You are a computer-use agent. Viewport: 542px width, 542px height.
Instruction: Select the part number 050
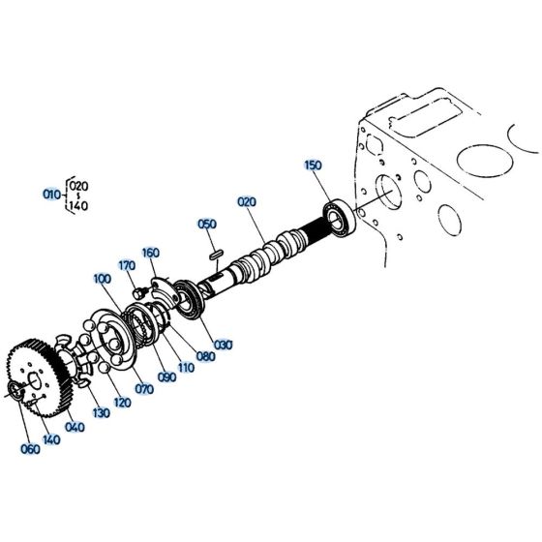(x=206, y=225)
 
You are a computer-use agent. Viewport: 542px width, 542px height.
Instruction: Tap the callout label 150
(x=313, y=166)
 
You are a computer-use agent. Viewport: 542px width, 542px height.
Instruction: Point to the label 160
(x=150, y=254)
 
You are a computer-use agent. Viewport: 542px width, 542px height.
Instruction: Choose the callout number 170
(x=126, y=265)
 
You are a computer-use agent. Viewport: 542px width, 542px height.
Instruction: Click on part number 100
(x=103, y=279)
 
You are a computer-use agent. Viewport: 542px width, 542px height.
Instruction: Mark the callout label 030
(x=225, y=345)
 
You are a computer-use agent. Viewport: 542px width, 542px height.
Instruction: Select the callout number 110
(x=186, y=366)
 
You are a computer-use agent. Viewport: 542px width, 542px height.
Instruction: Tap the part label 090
(x=166, y=377)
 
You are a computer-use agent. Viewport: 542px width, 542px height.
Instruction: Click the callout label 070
(x=144, y=389)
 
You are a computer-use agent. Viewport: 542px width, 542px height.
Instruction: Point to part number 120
(x=122, y=402)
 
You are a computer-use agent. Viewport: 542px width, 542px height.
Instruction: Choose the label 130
(x=100, y=414)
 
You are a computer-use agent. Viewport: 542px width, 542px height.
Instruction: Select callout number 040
(x=75, y=427)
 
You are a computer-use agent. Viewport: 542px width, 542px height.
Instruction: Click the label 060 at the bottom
(x=31, y=449)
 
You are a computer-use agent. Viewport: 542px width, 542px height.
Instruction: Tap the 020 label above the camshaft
(x=246, y=201)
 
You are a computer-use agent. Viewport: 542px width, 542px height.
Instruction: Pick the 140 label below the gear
(x=52, y=438)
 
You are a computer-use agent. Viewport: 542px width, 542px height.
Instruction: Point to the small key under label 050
(x=217, y=255)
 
